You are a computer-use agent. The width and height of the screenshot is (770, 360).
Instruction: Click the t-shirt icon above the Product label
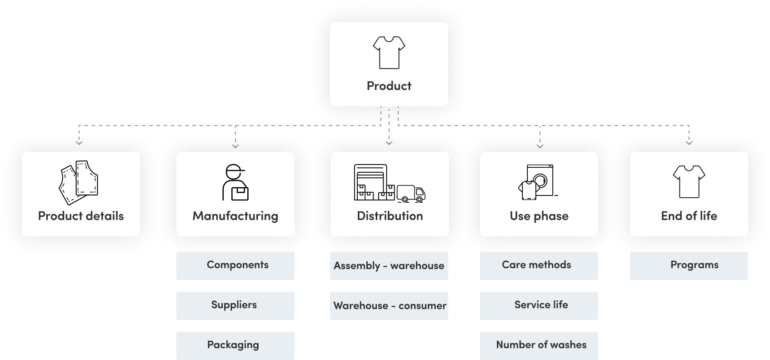pyautogui.click(x=389, y=52)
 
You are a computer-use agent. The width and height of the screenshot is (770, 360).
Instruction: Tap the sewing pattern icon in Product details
pyautogui.click(x=79, y=182)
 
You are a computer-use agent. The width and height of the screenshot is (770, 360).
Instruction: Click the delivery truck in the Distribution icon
pyautogui.click(x=411, y=193)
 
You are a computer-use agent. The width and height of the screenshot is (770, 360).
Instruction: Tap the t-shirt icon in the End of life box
pyautogui.click(x=689, y=181)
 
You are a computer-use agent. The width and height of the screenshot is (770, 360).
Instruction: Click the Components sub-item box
pyautogui.click(x=235, y=265)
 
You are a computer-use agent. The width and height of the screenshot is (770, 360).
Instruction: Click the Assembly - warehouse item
pyautogui.click(x=389, y=265)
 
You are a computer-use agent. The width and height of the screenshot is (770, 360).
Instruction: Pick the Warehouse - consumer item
pyautogui.click(x=389, y=305)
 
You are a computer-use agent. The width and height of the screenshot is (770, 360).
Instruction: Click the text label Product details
pyautogui.click(x=81, y=216)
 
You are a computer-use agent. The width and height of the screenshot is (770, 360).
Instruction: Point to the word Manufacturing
pyautogui.click(x=235, y=216)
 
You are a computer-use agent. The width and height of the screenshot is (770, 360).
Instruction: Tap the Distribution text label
pyautogui.click(x=390, y=216)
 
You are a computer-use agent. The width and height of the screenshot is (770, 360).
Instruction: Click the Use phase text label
pyautogui.click(x=539, y=216)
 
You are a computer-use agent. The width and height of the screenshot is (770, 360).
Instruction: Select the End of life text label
pyautogui.click(x=689, y=216)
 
